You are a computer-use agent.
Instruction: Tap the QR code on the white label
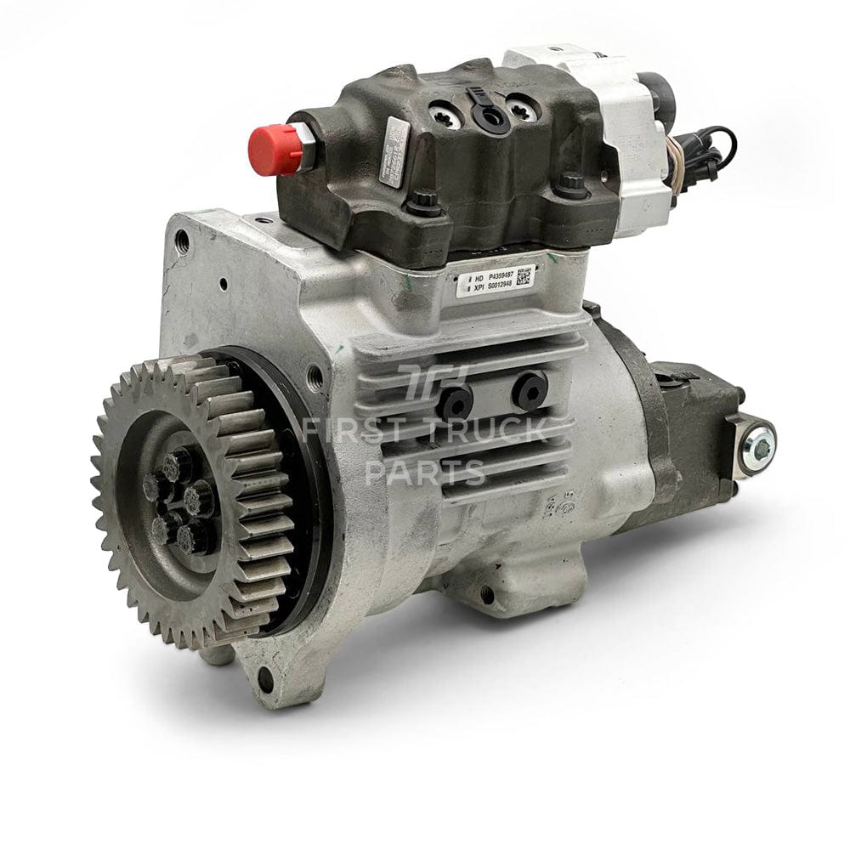pos(524,276)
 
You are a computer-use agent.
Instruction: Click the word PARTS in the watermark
pos(425,473)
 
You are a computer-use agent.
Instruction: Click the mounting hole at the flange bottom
pos(266,678)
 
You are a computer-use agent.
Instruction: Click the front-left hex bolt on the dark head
pos(422,205)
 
